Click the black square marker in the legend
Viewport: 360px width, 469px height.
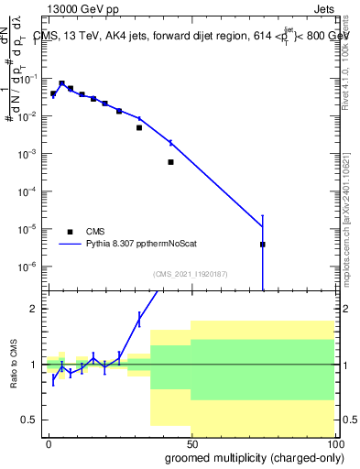click(70, 232)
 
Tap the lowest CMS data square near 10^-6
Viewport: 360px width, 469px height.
click(263, 245)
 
